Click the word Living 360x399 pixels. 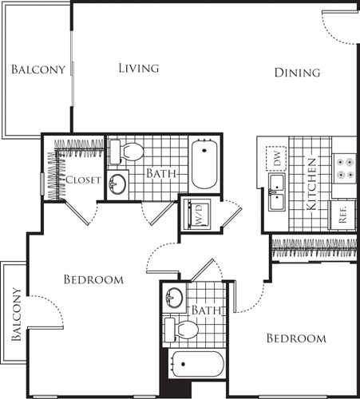(139, 68)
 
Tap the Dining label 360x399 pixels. (297, 73)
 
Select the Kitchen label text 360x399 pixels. (311, 184)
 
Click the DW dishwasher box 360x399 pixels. (276, 159)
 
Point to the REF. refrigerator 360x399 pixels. (342, 215)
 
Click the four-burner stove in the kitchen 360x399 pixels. (345, 168)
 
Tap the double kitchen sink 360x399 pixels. (277, 192)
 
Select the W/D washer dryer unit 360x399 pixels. (199, 214)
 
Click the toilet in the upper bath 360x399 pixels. (127, 152)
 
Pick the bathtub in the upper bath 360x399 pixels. (204, 164)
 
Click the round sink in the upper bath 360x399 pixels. (117, 184)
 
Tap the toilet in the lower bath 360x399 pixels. (182, 330)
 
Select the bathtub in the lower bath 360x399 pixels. (197, 364)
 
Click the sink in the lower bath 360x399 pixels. (174, 297)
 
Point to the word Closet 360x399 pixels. (83, 180)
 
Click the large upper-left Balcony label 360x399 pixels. (38, 69)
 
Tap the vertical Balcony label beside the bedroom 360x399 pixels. (16, 314)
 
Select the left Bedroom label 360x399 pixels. (93, 279)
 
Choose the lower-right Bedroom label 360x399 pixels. (296, 338)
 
